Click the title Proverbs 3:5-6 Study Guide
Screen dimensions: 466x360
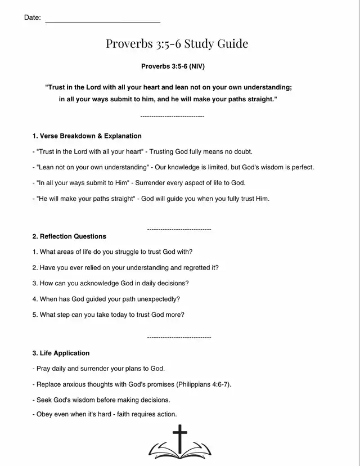pos(177,44)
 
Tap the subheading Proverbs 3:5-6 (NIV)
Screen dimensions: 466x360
pos(173,66)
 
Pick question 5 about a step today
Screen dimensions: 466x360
pos(108,315)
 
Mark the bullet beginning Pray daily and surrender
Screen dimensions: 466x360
pos(99,369)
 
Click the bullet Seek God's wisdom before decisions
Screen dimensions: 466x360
pos(101,400)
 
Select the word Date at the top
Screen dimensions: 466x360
pos(32,18)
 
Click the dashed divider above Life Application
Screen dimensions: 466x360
pos(179,337)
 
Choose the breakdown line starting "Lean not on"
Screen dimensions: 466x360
pos(173,167)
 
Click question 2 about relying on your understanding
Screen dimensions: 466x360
pos(125,267)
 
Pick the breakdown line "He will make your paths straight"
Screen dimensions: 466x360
pos(151,199)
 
